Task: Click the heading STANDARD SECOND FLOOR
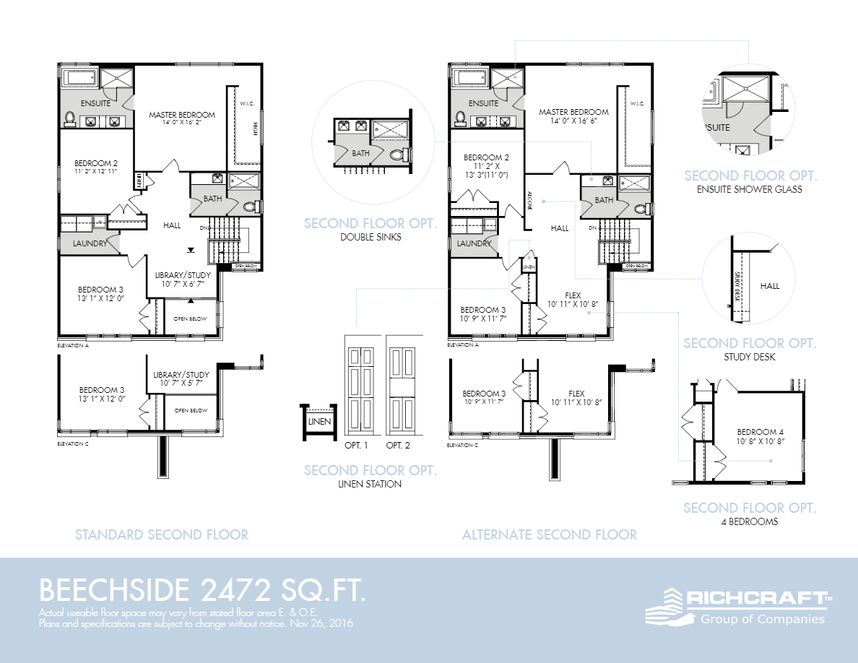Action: pyautogui.click(x=162, y=535)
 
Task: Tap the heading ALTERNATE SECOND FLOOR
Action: pyautogui.click(x=550, y=535)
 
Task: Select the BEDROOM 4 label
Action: pyautogui.click(x=760, y=432)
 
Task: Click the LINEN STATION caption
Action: pyautogui.click(x=370, y=484)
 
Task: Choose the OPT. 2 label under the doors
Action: pyautogui.click(x=398, y=446)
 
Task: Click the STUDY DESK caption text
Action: pyautogui.click(x=750, y=357)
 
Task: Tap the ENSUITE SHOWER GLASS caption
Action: pyautogui.click(x=750, y=190)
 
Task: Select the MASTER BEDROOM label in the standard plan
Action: pyautogui.click(x=182, y=115)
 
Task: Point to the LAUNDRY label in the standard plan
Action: pyautogui.click(x=90, y=243)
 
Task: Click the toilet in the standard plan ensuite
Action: pyautogui.click(x=70, y=118)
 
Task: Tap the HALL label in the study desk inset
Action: pyautogui.click(x=770, y=286)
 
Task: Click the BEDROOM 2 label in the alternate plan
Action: pyautogui.click(x=486, y=157)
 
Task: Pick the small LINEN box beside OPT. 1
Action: pyautogui.click(x=319, y=422)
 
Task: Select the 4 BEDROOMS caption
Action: pyautogui.click(x=750, y=521)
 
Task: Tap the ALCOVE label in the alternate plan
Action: pyautogui.click(x=529, y=199)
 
